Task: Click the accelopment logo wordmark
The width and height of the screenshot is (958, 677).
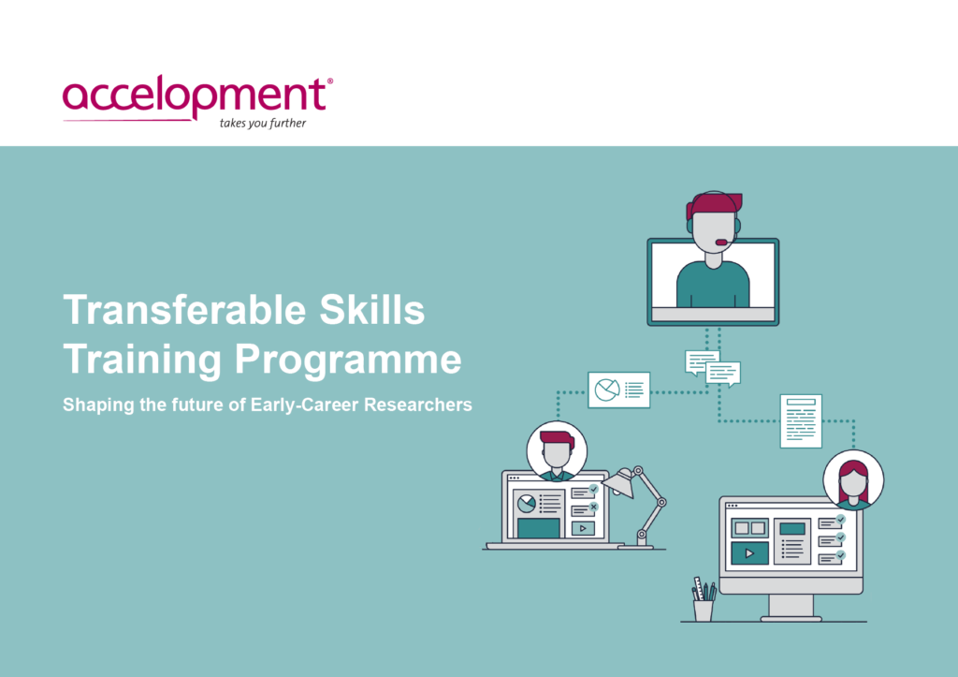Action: (195, 96)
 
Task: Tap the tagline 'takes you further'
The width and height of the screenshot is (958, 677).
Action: (263, 123)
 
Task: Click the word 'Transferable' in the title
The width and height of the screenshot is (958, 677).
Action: (184, 309)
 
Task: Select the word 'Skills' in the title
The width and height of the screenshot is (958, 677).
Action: (372, 309)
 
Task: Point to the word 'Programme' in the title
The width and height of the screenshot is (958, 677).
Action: (348, 361)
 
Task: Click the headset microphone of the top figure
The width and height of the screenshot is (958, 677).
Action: (721, 243)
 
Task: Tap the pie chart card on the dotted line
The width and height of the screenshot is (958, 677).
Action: (619, 390)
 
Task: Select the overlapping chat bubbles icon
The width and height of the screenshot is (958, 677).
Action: (713, 368)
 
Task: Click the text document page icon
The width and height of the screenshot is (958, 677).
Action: (801, 420)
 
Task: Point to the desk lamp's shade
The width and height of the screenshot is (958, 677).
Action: (619, 482)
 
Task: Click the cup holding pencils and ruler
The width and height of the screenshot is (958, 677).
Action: (704, 610)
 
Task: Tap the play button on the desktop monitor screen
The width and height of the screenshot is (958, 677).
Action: (749, 553)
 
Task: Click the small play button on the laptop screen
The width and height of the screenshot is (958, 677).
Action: (583, 528)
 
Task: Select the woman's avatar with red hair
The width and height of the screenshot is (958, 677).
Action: (853, 480)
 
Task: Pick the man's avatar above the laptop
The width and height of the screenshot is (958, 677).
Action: (557, 451)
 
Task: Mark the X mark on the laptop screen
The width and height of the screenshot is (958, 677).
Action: (593, 507)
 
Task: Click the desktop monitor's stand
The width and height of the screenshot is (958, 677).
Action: (791, 607)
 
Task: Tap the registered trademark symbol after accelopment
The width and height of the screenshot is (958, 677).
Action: (330, 81)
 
